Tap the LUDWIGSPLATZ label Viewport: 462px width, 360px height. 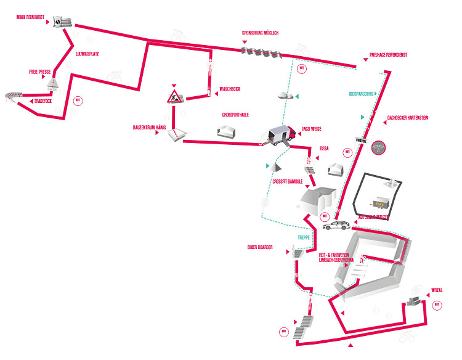87,54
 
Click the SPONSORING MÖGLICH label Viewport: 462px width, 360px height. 261,33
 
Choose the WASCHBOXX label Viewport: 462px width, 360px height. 230,89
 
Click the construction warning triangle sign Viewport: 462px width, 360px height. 174,96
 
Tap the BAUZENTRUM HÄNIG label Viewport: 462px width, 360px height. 150,127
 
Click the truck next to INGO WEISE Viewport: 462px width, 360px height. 281,135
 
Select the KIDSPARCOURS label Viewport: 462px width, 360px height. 362,94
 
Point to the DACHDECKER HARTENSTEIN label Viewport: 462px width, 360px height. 407,117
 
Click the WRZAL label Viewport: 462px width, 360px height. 437,289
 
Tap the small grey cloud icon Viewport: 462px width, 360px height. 284,95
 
